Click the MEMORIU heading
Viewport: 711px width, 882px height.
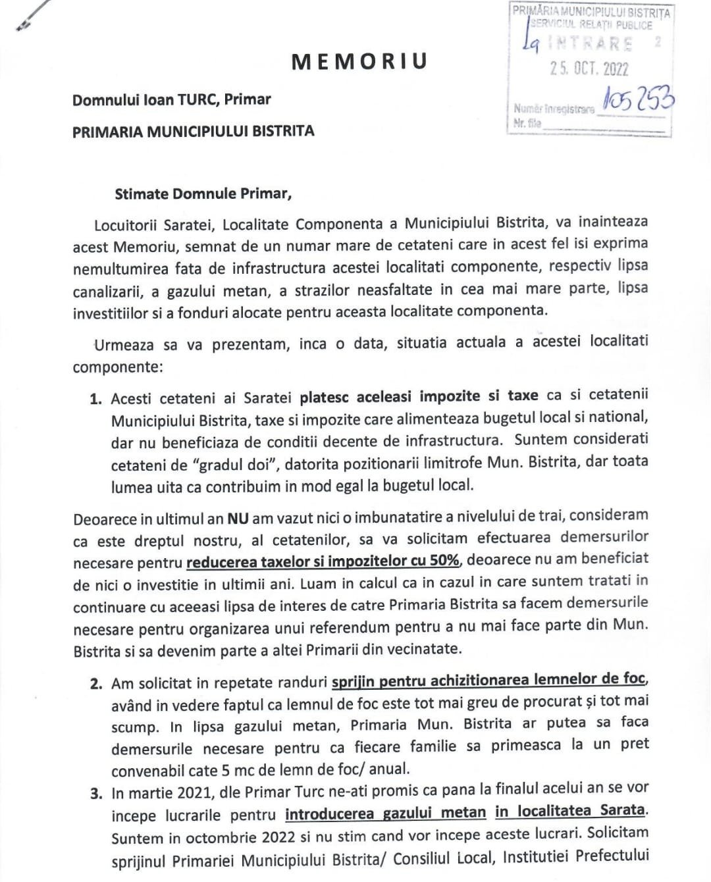(359, 61)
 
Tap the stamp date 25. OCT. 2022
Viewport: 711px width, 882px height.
(589, 68)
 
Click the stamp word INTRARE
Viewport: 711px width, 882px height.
(591, 44)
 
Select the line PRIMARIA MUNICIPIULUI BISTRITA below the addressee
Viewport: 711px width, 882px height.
(193, 131)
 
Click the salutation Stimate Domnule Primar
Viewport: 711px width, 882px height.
(203, 194)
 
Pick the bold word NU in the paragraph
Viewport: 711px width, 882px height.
(238, 518)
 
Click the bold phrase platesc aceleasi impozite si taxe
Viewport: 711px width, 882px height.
(419, 396)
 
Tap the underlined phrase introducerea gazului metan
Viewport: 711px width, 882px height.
(385, 813)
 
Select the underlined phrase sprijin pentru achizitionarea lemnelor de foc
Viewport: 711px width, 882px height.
(489, 680)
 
